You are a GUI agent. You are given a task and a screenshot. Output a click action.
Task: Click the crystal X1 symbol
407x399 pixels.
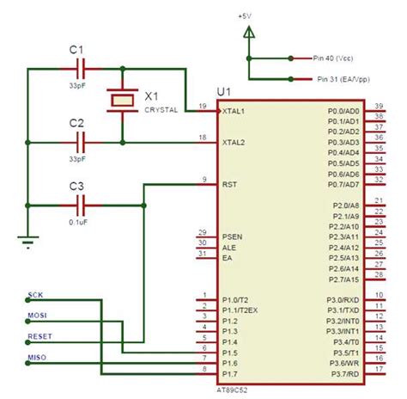122,101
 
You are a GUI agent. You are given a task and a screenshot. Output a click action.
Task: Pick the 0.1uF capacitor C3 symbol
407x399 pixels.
82,205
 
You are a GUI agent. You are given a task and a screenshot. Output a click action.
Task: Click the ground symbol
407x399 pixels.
27,242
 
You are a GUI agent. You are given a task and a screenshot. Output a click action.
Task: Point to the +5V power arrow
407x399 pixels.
249,33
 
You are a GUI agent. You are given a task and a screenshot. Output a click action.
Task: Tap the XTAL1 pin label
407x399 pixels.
233,112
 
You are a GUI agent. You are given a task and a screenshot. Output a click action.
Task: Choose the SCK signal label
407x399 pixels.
36,294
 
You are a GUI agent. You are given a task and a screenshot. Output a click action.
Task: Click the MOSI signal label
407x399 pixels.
38,315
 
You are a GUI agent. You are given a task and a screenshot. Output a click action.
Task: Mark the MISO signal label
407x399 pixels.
38,356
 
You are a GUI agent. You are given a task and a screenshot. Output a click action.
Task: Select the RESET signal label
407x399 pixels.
39,335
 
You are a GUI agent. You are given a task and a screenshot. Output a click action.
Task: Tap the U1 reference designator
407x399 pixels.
225,91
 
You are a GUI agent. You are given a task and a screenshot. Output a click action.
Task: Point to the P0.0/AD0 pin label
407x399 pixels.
343,112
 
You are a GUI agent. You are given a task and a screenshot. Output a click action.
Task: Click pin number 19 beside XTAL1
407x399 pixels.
202,107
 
